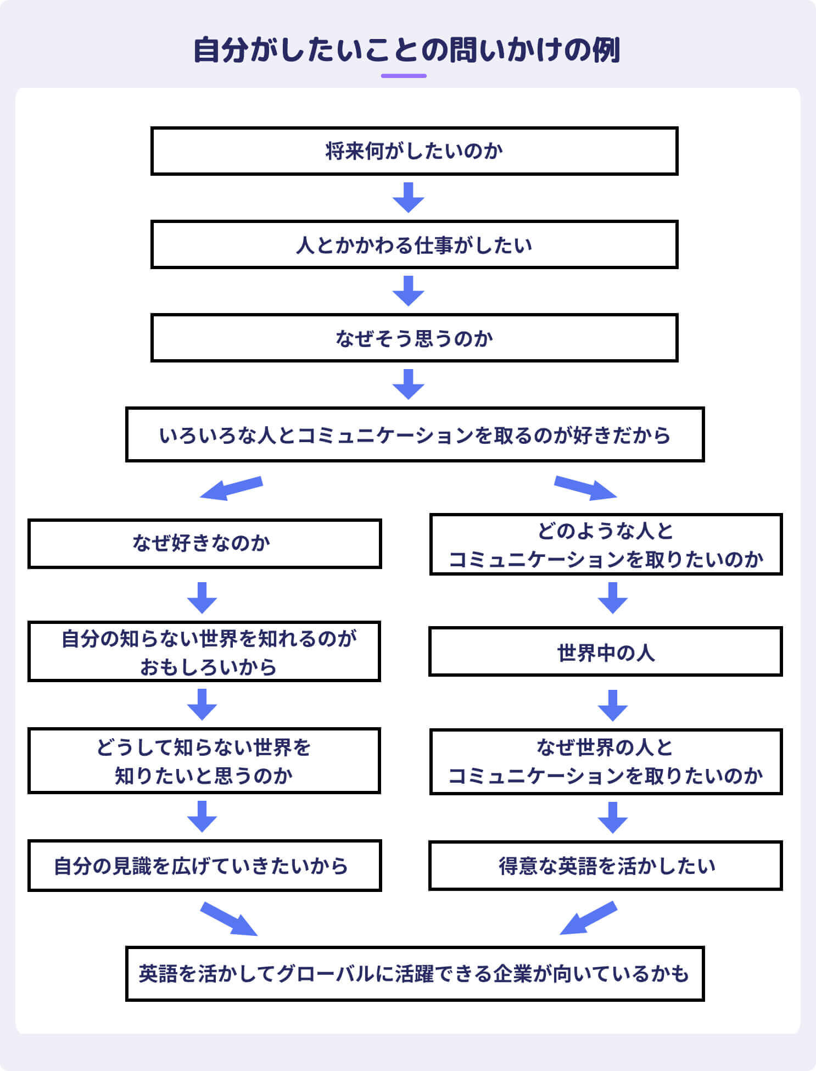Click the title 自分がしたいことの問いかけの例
(407, 51)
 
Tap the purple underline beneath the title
(404, 76)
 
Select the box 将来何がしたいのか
(414, 151)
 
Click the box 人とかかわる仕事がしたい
(414, 244)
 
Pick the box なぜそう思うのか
(414, 338)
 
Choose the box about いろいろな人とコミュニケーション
(414, 434)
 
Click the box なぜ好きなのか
(204, 543)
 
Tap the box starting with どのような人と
(606, 544)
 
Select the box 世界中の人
(606, 652)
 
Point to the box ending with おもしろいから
(204, 652)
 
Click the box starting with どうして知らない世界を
(204, 761)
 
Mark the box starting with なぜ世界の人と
(606, 761)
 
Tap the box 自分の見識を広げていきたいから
(204, 866)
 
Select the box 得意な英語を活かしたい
(606, 866)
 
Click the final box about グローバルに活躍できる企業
(414, 973)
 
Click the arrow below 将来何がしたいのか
(408, 198)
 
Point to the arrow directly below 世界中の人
(612, 706)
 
